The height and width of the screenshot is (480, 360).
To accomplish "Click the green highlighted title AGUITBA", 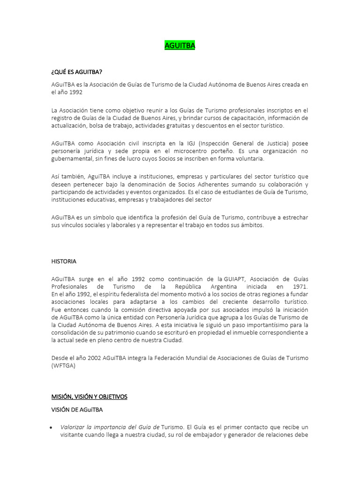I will pyautogui.click(x=180, y=46).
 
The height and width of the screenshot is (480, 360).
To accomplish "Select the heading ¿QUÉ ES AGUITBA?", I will pyautogui.click(x=77, y=72).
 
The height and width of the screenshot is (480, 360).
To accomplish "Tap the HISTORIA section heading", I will pyautogui.click(x=64, y=261).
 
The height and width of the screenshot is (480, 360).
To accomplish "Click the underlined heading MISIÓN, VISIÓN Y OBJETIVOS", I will pyautogui.click(x=89, y=397).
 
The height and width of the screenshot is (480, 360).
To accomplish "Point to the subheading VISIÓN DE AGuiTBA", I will pyautogui.click(x=77, y=409).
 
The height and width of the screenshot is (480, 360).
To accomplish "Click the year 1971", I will pyautogui.click(x=298, y=286).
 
